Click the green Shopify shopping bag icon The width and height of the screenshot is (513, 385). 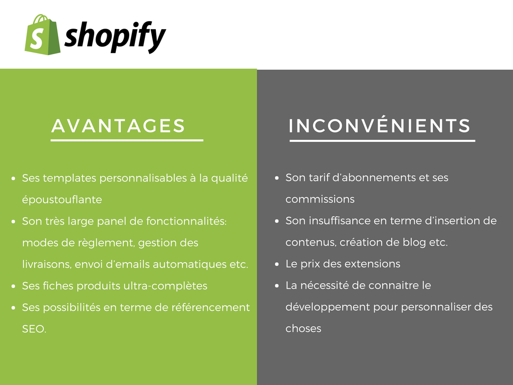(42, 35)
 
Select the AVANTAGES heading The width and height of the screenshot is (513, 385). (118, 126)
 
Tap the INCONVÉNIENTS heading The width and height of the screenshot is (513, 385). (380, 125)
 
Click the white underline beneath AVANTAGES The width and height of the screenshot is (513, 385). (127, 140)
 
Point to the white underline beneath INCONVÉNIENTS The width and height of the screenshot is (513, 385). (382, 140)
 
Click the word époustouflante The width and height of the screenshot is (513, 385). (62, 200)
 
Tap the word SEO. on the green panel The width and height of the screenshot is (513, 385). (34, 329)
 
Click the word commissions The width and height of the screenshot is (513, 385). (320, 199)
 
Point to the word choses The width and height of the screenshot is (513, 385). (303, 328)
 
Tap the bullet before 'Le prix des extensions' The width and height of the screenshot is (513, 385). (277, 264)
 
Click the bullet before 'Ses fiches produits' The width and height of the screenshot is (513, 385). (14, 286)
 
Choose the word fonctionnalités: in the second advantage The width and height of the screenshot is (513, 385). (186, 221)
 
